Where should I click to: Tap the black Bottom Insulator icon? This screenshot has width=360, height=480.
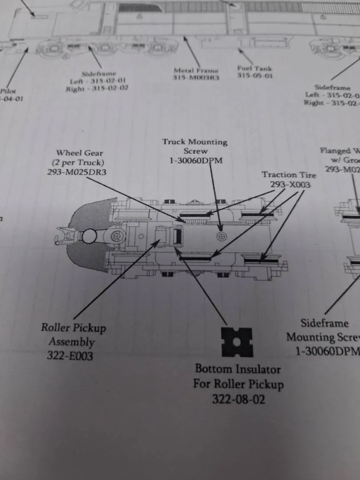click(x=237, y=342)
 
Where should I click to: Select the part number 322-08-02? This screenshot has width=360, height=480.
click(x=238, y=399)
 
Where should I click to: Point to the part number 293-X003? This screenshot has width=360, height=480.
click(x=288, y=184)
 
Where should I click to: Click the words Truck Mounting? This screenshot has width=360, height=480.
click(x=195, y=142)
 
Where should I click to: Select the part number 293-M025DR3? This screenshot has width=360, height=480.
click(x=77, y=172)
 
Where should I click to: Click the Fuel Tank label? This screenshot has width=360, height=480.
click(x=255, y=68)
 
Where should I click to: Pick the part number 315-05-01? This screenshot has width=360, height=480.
click(x=255, y=76)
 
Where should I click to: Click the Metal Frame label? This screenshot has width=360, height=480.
click(x=196, y=70)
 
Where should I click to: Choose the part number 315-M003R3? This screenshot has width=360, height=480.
click(x=196, y=78)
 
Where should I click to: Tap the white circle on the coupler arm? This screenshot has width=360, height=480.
click(x=89, y=236)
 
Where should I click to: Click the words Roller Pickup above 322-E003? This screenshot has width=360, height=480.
click(x=73, y=328)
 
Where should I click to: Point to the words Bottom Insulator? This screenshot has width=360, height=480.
click(x=238, y=369)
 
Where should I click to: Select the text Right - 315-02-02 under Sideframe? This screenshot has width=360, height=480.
click(x=97, y=89)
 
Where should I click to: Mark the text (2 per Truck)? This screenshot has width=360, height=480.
click(x=78, y=162)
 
